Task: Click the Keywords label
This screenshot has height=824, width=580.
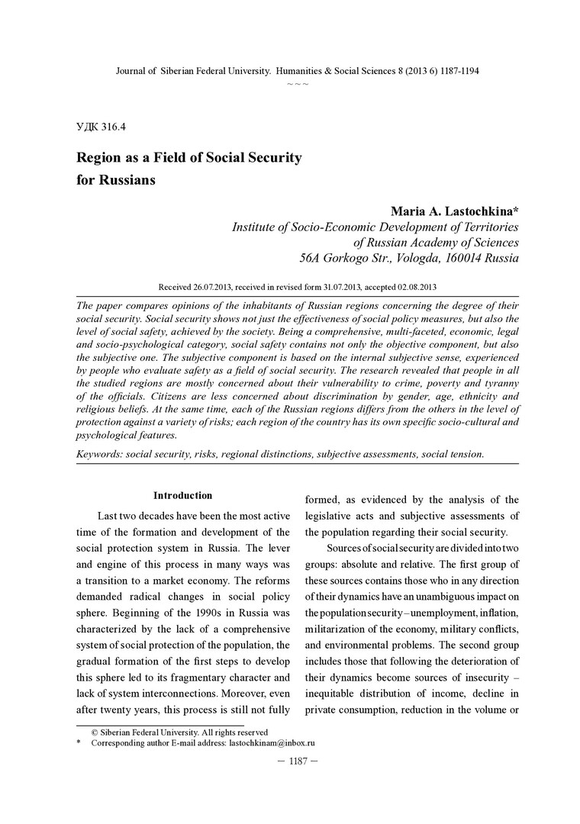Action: (99, 454)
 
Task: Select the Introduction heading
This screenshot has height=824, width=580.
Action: (182, 496)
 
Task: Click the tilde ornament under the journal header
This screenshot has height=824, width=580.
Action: (297, 83)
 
